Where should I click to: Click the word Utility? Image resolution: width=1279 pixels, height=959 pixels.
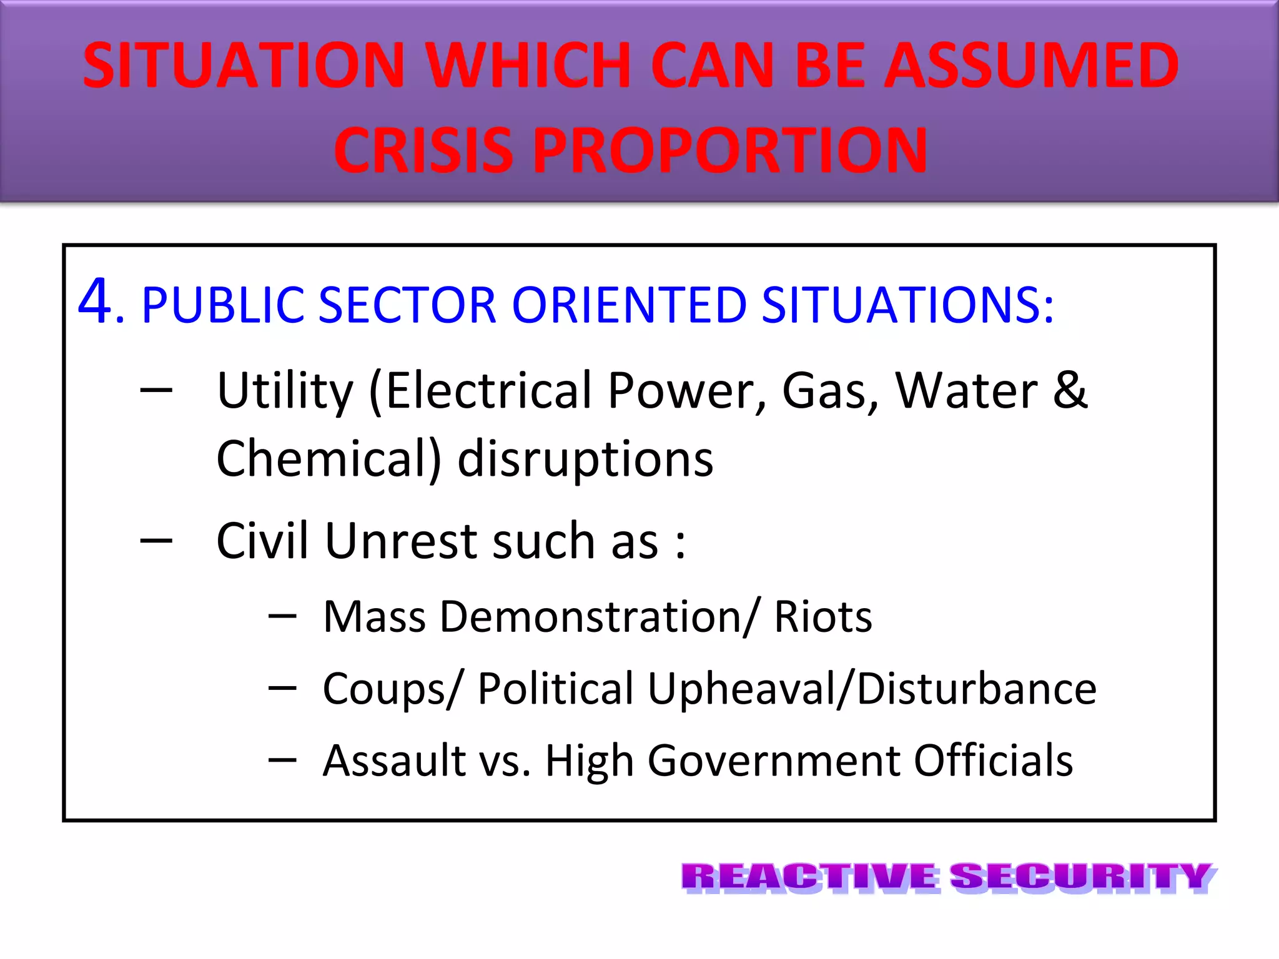click(x=285, y=391)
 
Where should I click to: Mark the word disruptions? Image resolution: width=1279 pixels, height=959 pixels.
click(x=585, y=458)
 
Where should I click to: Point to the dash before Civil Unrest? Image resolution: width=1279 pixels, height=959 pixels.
click(x=156, y=541)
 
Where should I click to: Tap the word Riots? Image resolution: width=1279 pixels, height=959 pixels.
click(x=823, y=617)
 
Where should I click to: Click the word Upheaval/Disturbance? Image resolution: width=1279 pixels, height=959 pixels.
click(x=872, y=689)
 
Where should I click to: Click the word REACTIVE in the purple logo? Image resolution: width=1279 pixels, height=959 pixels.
click(x=809, y=877)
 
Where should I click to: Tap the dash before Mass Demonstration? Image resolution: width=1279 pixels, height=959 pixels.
click(x=282, y=617)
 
